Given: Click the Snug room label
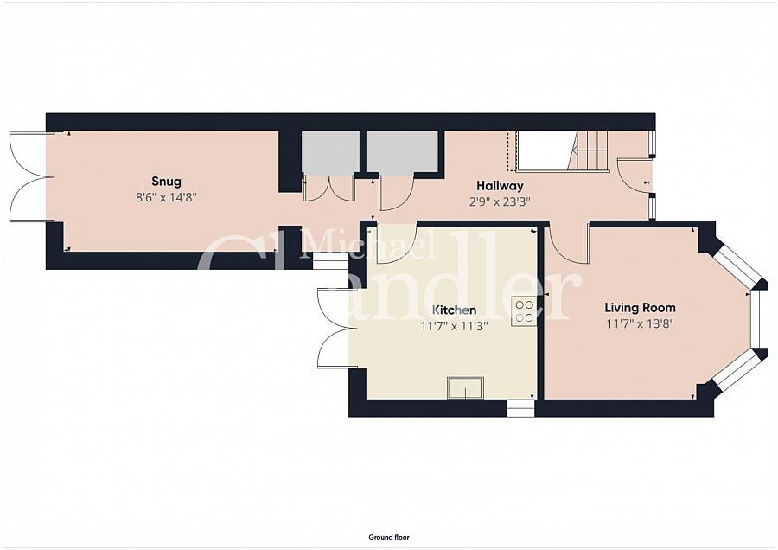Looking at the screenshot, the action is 166,182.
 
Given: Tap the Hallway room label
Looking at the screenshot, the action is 500,186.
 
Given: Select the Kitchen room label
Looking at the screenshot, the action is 454,310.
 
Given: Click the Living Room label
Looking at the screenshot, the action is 640,308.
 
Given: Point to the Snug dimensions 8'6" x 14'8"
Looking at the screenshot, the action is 166,197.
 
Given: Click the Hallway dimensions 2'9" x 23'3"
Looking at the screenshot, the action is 500,201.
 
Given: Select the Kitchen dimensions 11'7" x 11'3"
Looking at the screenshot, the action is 454,326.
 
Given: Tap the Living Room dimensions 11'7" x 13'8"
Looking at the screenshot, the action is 640,324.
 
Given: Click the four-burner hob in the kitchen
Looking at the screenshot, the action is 523,311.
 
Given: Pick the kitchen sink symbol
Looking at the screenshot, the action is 465,387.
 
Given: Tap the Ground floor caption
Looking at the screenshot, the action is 389,537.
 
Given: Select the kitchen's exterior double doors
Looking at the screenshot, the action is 334,328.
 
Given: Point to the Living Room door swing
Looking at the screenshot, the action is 567,244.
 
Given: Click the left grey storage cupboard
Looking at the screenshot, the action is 330,152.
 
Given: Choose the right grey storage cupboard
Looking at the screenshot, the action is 402,152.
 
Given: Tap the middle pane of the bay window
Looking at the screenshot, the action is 759,318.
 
